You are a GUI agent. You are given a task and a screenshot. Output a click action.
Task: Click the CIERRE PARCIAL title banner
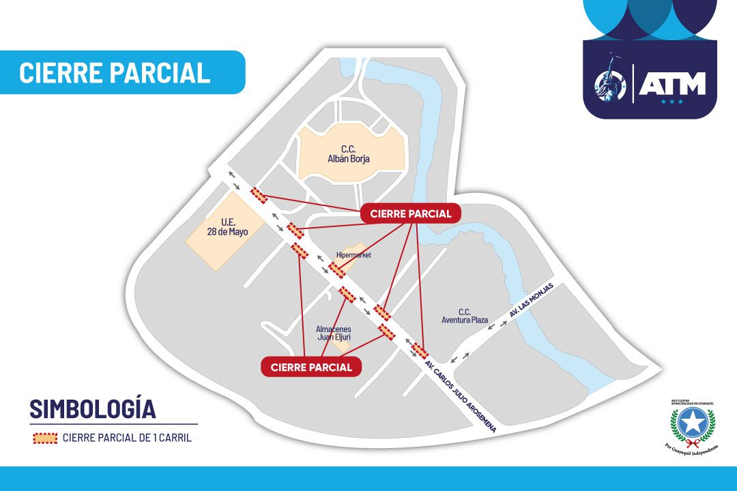coord(115,72)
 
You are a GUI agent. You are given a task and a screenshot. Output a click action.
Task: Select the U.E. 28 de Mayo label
coord(227,226)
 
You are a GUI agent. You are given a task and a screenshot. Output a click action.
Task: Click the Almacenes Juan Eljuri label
coord(334,332)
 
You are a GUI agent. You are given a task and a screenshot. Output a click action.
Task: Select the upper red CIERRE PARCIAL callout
coord(411,213)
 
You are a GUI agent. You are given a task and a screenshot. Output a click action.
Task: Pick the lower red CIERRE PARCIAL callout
coord(311,367)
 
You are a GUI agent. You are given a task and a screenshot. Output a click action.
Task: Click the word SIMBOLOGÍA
coord(92,408)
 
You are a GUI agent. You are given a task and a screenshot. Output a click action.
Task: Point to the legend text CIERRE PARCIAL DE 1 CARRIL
coord(127,438)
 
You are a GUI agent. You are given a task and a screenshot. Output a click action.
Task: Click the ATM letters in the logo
coord(671,84)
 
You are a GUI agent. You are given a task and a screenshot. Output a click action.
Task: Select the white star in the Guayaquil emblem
coord(692,423)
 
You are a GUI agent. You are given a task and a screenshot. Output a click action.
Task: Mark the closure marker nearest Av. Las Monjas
coord(420,351)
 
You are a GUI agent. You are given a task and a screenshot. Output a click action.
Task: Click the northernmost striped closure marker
coord(259,194)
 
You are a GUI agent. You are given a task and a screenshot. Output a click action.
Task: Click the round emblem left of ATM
coord(610,85)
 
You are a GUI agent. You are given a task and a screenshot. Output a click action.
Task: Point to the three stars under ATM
coord(671,102)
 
